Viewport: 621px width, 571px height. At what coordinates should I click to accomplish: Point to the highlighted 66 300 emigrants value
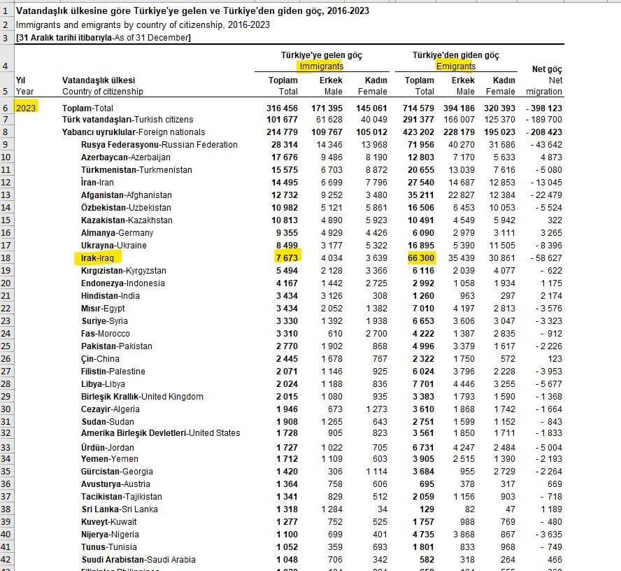point(420,258)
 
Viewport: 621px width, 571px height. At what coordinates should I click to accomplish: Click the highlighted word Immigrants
point(322,66)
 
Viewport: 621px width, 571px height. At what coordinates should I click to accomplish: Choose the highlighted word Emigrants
point(455,66)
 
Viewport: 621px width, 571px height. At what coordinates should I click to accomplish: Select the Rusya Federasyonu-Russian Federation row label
point(159,145)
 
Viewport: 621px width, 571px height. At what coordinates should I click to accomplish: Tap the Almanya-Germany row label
point(117,233)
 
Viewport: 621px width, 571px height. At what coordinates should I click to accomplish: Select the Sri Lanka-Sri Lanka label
point(119,509)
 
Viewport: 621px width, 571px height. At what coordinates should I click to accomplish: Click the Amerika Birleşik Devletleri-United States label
point(160,433)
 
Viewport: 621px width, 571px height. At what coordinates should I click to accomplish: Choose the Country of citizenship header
point(102,92)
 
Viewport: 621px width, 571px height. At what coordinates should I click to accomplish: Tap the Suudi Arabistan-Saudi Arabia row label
point(138,560)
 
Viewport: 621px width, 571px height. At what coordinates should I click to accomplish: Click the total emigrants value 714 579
point(419,108)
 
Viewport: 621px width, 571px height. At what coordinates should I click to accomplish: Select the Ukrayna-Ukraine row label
point(115,246)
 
